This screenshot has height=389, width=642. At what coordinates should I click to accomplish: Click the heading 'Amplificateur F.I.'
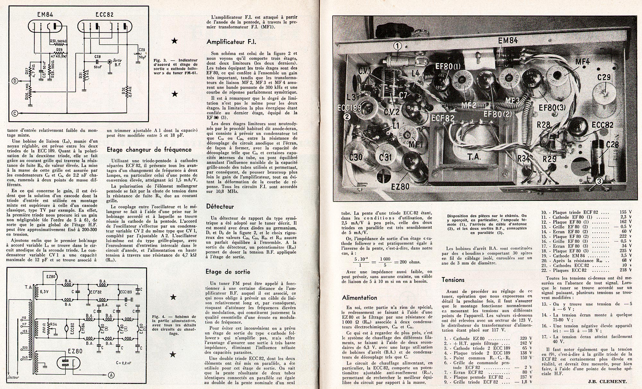231,42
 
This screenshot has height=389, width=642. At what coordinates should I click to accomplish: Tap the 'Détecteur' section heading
220,206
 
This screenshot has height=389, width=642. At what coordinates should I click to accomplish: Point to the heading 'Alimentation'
360,298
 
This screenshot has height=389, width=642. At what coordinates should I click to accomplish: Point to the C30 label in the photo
356,158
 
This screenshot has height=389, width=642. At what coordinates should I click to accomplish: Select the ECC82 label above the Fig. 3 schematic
104,14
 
